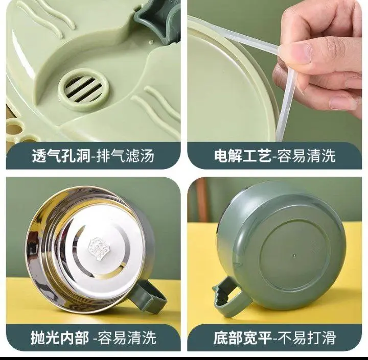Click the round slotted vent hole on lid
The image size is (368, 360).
[84, 89]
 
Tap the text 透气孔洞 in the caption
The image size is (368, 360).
[61, 156]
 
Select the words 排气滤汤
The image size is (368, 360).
[126, 156]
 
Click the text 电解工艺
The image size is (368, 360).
[242, 155]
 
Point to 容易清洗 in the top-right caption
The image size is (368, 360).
[306, 155]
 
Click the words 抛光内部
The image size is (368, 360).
[60, 338]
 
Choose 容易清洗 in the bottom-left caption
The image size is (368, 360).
[127, 338]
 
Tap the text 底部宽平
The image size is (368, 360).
[242, 338]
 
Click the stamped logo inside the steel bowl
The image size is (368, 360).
[98, 249]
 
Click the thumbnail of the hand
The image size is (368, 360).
[302, 52]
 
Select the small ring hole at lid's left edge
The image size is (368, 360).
[12, 128]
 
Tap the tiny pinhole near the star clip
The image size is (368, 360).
[151, 42]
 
